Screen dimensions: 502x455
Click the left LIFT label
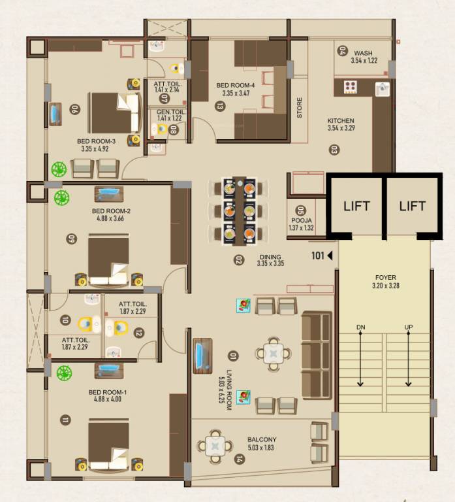pos(356,206)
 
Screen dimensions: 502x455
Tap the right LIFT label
pos(412,206)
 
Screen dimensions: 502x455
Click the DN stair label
pos(361,327)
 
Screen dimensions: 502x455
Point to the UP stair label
pos(409,327)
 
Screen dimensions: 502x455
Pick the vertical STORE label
pos(300,107)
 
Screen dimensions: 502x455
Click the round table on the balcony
pos(215,446)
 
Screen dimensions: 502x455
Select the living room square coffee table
pos(274,354)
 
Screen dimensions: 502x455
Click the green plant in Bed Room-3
pos(59,169)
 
